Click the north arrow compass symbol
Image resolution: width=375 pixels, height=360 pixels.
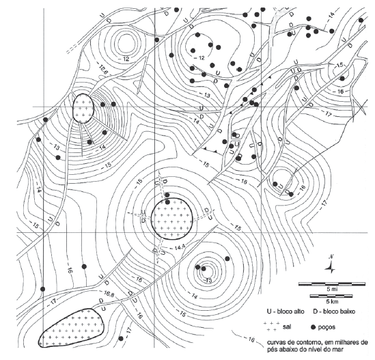(331, 266)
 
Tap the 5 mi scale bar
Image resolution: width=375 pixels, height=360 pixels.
(332, 284)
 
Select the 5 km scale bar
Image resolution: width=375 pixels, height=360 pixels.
(331, 296)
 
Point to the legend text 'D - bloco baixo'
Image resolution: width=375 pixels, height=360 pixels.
(334, 311)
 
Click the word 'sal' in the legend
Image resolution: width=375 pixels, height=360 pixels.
(287, 327)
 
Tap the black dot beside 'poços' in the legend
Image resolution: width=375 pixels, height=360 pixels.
(314, 327)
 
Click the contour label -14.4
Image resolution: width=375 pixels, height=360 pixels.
(177, 248)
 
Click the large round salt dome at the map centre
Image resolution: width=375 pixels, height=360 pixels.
(172, 219)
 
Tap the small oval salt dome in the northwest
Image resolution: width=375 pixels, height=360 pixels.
(83, 109)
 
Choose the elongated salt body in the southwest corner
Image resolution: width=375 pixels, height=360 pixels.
(71, 328)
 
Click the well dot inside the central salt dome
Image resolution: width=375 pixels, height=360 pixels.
(168, 202)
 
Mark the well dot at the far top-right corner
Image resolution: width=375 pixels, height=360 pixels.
(361, 20)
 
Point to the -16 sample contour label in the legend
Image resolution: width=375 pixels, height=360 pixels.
(251, 340)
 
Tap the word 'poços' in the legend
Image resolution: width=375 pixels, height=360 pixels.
(327, 327)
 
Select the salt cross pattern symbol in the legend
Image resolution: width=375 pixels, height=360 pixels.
(272, 327)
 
